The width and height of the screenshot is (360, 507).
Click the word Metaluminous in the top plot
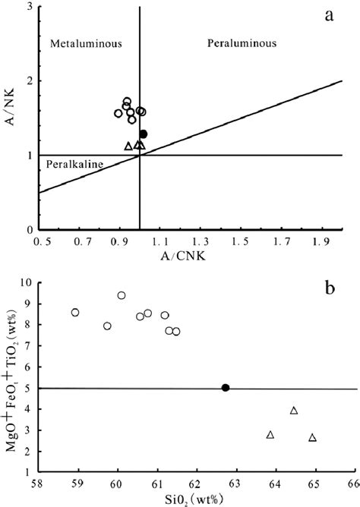coord(76,46)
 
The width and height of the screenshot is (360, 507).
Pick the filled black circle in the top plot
coord(143,134)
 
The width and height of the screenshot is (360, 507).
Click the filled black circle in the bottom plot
coord(225,388)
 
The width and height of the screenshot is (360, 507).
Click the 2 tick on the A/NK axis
coord(29,81)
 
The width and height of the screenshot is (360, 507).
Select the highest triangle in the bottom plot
coord(294,411)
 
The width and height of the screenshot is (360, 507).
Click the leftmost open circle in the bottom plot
coord(75,313)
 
